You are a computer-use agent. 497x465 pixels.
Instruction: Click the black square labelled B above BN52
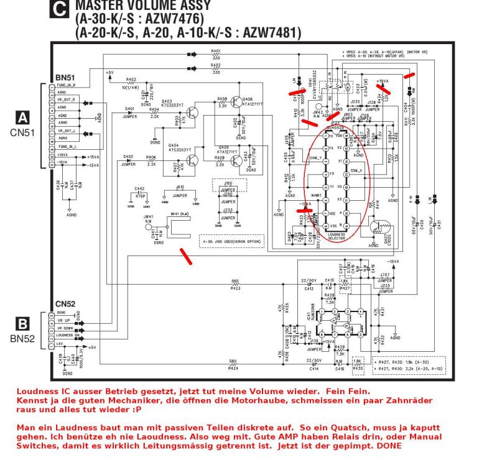coord(23,323)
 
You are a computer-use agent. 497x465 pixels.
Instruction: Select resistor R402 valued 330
coord(216,67)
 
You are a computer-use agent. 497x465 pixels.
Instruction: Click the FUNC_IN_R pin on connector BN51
coord(66,85)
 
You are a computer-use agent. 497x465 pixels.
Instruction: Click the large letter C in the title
coord(60,7)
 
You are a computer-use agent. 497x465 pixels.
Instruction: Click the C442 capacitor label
coord(140,188)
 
